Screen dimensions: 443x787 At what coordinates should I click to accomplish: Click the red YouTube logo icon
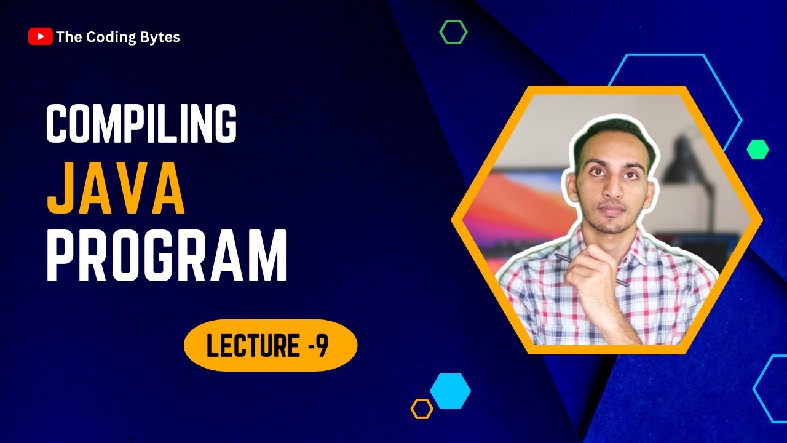40,37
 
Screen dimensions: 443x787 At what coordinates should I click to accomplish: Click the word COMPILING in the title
141,124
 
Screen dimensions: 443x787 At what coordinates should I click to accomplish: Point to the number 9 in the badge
322,346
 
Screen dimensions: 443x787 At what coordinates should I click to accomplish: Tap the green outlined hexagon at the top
453,31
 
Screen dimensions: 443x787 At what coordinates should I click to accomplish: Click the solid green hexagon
757,150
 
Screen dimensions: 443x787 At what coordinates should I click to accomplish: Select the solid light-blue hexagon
450,391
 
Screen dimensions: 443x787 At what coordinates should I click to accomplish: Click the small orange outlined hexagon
422,409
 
